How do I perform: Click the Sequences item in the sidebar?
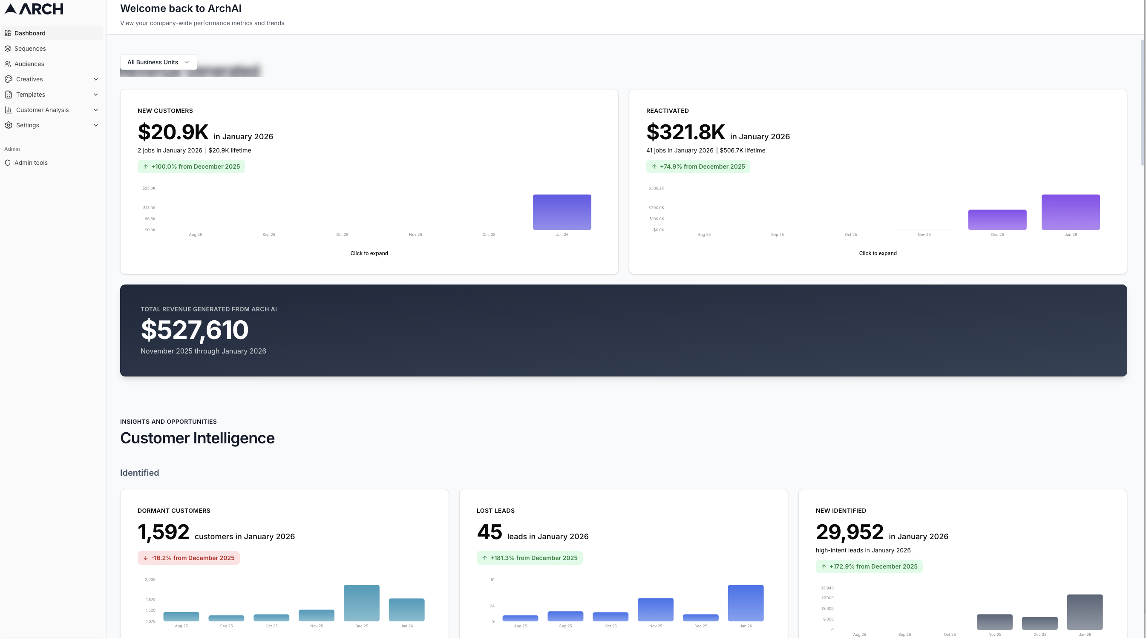[30, 49]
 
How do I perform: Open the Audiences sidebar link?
[29, 64]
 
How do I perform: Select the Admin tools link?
[31, 163]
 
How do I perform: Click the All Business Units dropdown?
[158, 62]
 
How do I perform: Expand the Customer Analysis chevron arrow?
[96, 110]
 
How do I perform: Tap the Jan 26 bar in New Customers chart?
[562, 212]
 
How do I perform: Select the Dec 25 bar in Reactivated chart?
[997, 220]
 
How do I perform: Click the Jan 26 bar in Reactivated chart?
[1070, 212]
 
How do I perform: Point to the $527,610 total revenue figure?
[194, 330]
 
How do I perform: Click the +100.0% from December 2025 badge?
[191, 167]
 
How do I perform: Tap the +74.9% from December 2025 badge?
[698, 167]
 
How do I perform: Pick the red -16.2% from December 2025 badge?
[189, 558]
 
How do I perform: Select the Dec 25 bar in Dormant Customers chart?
[362, 603]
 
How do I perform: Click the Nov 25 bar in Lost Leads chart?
[655, 609]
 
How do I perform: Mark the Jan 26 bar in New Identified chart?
[1085, 612]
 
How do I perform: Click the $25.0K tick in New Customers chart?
[149, 189]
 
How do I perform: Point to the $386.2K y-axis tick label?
[656, 189]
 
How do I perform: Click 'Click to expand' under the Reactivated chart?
[878, 253]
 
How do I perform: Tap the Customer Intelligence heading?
[197, 438]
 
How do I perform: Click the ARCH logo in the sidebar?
[34, 9]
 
